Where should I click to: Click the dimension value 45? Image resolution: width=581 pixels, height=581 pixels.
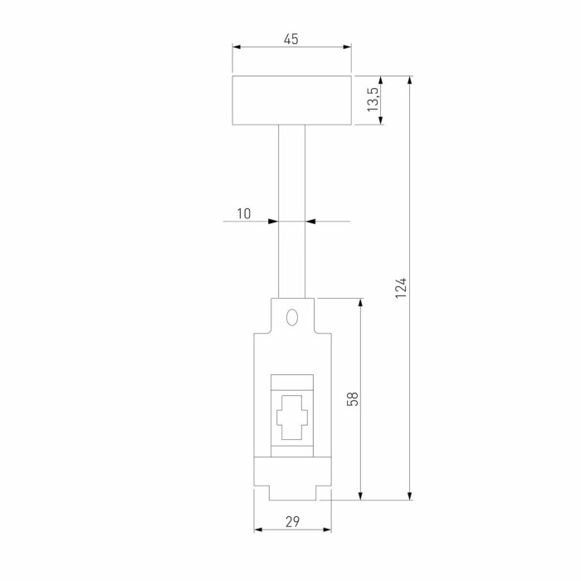(x=290, y=39)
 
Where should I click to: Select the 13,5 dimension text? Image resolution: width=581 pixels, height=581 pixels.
(x=373, y=100)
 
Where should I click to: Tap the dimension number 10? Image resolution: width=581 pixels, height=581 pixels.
(x=243, y=213)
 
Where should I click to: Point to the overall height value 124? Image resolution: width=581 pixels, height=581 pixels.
(x=401, y=288)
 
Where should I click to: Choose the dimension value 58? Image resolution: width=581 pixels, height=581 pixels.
(x=352, y=398)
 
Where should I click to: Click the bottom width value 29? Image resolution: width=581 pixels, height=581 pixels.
(x=292, y=521)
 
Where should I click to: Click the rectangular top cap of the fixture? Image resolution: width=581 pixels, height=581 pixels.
(x=291, y=100)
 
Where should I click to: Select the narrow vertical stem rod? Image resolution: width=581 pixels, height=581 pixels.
(x=291, y=211)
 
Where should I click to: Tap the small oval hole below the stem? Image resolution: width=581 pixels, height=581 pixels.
(x=291, y=317)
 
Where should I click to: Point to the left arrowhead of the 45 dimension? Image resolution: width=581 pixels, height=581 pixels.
(x=237, y=47)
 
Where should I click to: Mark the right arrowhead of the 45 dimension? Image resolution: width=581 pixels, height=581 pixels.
(x=347, y=47)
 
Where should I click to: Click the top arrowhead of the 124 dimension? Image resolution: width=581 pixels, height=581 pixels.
(x=410, y=81)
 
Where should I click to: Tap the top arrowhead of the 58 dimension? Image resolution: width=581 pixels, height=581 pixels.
(x=360, y=303)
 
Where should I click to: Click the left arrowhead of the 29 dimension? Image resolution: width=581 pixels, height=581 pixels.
(x=258, y=530)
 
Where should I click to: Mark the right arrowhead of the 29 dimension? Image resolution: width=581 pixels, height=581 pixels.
(x=326, y=530)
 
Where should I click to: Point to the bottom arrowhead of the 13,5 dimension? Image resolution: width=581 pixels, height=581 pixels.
(x=381, y=121)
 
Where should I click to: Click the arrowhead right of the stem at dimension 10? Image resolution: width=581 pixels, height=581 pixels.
(x=311, y=222)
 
